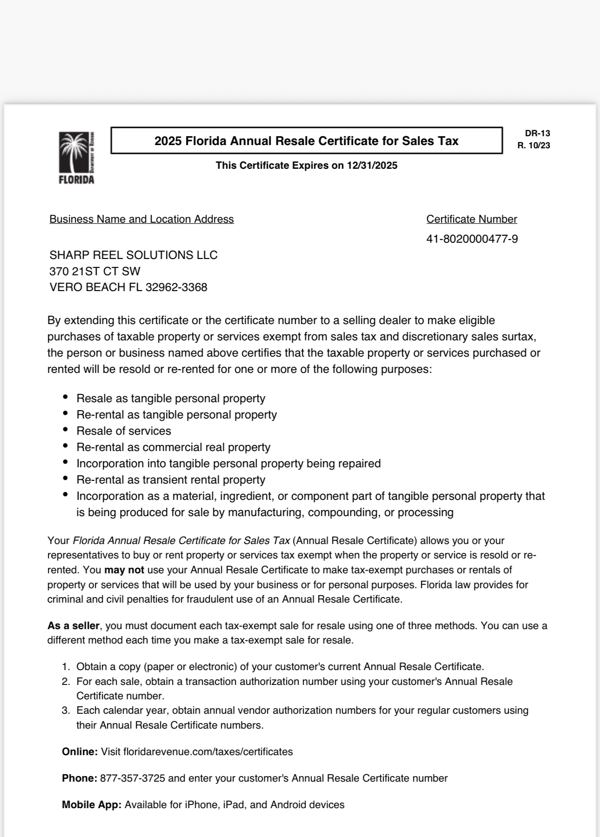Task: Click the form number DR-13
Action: [x=537, y=133]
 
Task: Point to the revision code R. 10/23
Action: [x=533, y=146]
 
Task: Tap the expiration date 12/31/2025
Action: [x=372, y=166]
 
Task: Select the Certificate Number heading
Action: [x=471, y=219]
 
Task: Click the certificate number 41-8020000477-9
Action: [x=472, y=239]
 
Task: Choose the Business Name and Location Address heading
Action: [x=141, y=219]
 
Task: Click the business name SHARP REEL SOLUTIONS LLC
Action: [x=133, y=255]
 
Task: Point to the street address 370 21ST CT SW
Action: [x=95, y=271]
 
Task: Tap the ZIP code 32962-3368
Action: [x=176, y=287]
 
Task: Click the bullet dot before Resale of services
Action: [x=66, y=430]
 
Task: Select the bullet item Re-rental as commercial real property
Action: [x=173, y=447]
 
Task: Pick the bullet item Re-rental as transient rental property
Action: [x=171, y=480]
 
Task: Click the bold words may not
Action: [x=124, y=570]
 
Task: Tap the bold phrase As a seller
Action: [x=73, y=625]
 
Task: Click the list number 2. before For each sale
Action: [x=66, y=681]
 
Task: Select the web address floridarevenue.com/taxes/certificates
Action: [x=197, y=751]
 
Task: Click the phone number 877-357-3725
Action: [x=133, y=778]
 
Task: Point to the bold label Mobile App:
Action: [x=92, y=804]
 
